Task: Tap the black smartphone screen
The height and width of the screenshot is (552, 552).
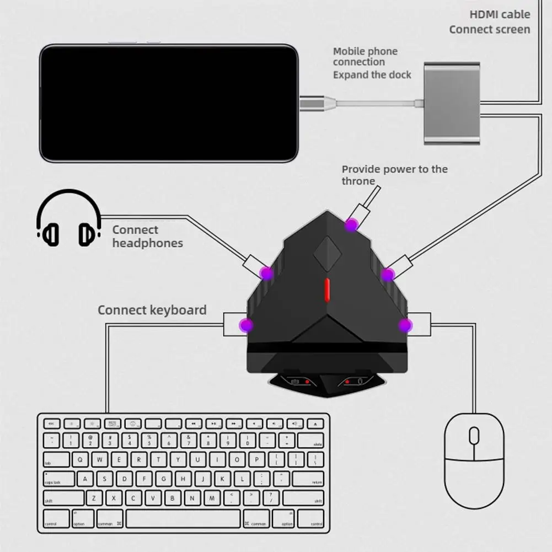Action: click(x=168, y=103)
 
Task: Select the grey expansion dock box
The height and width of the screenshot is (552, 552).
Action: click(x=452, y=103)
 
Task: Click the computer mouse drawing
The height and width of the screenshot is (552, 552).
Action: click(x=474, y=460)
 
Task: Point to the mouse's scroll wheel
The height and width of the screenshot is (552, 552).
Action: click(x=474, y=436)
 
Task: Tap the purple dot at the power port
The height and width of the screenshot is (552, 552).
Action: click(x=351, y=224)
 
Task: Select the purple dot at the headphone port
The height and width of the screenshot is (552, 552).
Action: click(x=267, y=272)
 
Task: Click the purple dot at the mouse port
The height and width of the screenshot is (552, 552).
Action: click(x=405, y=325)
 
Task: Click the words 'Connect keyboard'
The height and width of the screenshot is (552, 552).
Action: click(x=152, y=310)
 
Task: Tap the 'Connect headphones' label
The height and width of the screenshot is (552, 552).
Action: click(x=147, y=237)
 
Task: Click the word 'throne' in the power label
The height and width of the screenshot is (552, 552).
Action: click(x=358, y=181)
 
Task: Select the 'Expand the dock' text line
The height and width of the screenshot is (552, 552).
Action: click(x=372, y=74)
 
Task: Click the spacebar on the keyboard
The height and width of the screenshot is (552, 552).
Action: click(x=183, y=519)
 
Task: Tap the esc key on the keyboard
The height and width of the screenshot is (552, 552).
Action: click(x=51, y=424)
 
